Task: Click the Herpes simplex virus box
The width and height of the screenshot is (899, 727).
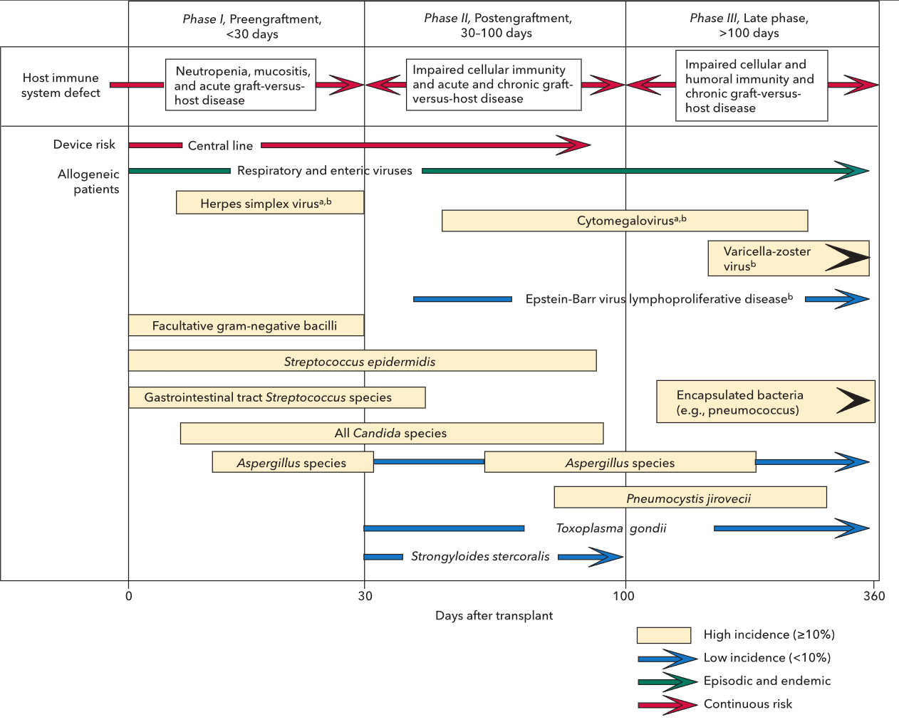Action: coord(270,203)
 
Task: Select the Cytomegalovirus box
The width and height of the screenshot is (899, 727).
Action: coord(625,221)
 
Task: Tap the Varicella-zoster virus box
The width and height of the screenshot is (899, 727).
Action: coord(788,258)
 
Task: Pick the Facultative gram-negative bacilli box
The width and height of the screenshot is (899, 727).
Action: coord(246,325)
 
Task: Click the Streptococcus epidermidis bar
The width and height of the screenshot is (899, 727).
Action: coord(362,361)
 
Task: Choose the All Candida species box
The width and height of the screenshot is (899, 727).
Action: coord(392,433)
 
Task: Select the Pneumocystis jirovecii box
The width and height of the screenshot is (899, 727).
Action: coord(690,498)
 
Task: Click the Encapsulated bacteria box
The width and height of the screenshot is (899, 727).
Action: coord(765,402)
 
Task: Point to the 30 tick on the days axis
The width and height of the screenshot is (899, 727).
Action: coord(365,595)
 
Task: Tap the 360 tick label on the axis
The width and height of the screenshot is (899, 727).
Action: coord(874,595)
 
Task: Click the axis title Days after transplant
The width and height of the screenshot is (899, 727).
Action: coord(494,615)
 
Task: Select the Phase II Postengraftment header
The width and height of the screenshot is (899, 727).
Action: coord(497,26)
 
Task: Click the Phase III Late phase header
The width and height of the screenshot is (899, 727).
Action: coord(749,26)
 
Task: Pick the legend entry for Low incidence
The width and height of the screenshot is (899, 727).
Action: coord(767,658)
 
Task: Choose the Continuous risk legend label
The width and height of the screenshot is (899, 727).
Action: coord(747,704)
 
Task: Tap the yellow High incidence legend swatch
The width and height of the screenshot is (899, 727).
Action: coord(663,635)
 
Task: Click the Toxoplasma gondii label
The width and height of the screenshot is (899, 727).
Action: coord(610,528)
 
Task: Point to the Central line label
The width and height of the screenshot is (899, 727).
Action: coord(220,146)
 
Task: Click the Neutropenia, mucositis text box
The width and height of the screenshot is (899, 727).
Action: coord(241,85)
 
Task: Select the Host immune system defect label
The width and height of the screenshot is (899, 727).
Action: coord(61,85)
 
